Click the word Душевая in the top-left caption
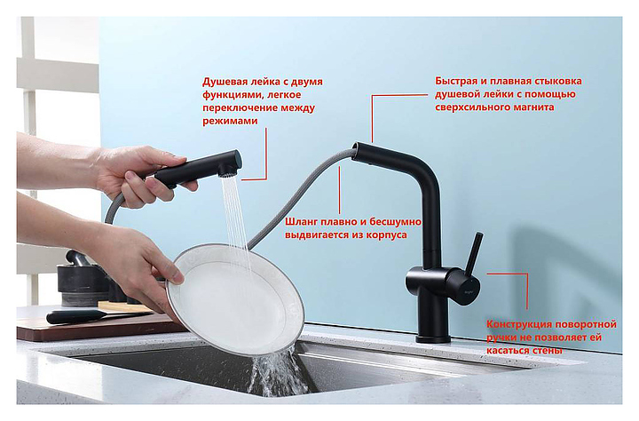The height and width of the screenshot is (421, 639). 223,82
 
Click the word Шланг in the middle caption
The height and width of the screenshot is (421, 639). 302,222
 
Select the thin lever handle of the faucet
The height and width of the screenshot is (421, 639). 474,255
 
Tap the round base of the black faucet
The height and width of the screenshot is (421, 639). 433,338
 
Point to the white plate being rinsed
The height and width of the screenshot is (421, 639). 235,299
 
